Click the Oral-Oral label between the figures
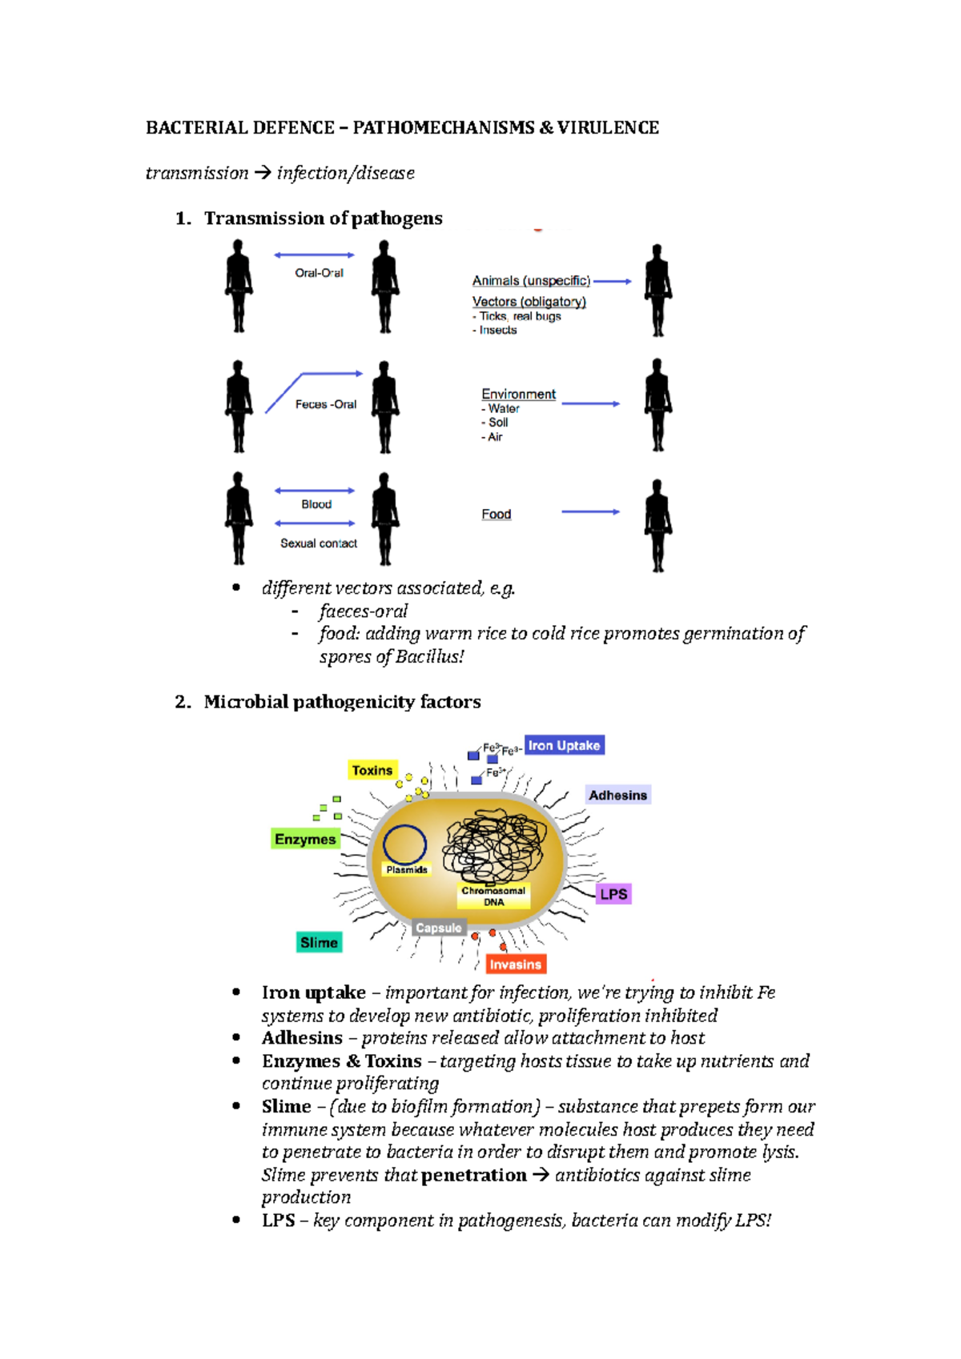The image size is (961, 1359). (319, 273)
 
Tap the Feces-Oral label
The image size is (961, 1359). (325, 404)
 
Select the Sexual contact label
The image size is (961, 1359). (318, 543)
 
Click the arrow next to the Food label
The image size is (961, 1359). (590, 511)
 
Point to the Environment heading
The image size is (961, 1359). (518, 394)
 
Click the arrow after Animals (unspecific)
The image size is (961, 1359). (613, 282)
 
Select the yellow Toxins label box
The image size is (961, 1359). (372, 770)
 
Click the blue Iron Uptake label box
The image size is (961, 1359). (564, 745)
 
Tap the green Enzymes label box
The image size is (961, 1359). (305, 839)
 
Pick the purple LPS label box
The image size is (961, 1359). (613, 894)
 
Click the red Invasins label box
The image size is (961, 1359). (515, 964)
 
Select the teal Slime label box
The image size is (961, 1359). (319, 942)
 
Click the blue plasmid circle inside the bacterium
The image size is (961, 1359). (404, 844)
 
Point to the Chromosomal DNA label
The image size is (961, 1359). (493, 896)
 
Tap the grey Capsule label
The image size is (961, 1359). (438, 928)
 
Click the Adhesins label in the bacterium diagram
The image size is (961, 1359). (617, 795)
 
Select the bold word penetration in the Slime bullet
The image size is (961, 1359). (473, 1175)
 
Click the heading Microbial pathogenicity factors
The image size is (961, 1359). (342, 702)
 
